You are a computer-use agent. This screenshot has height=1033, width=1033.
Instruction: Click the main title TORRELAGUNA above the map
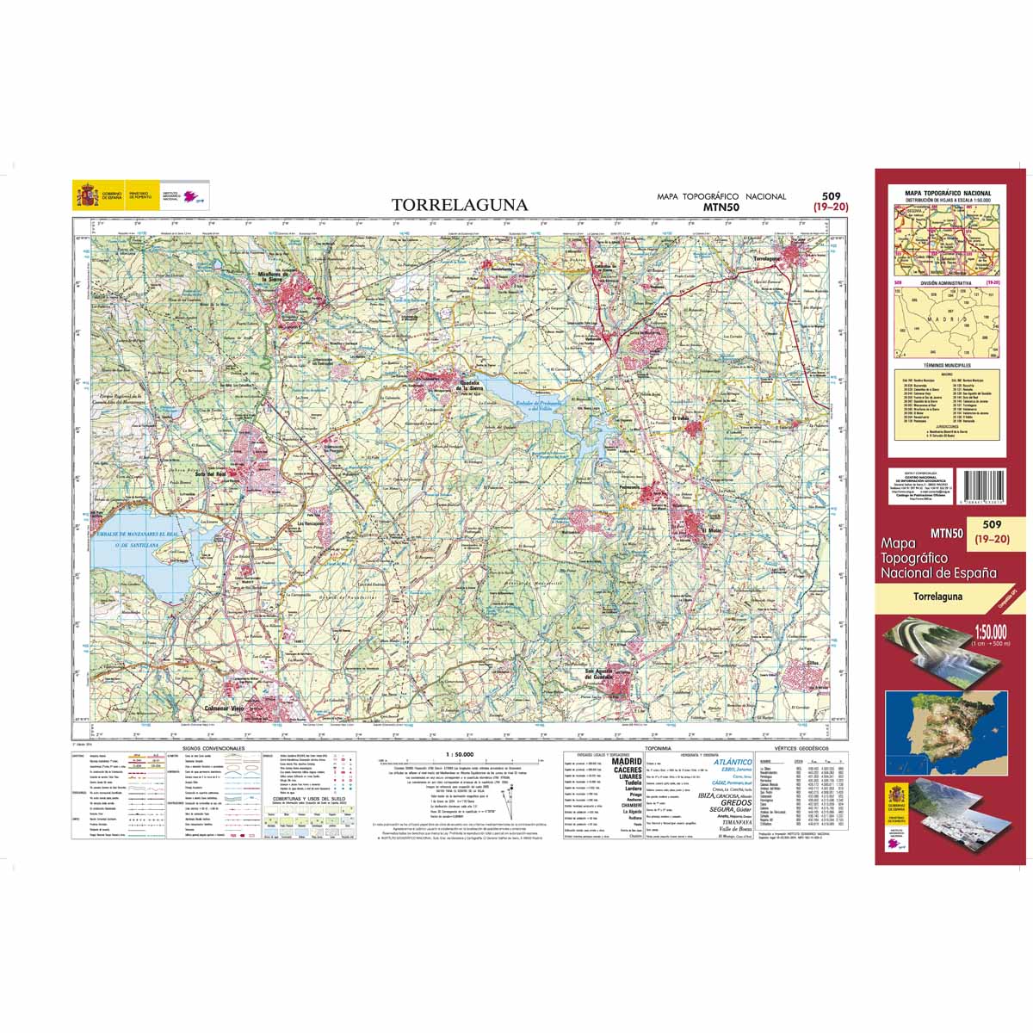coord(460,205)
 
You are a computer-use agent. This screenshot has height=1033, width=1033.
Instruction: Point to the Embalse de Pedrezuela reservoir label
coord(535,405)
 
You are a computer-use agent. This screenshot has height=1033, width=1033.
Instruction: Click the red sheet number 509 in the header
coord(831,195)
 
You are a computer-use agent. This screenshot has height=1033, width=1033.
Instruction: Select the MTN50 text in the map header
coord(721,207)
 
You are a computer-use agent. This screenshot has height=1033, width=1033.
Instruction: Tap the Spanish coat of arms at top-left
coord(85,195)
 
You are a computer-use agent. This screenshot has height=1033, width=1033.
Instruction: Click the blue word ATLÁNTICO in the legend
coord(733,762)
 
